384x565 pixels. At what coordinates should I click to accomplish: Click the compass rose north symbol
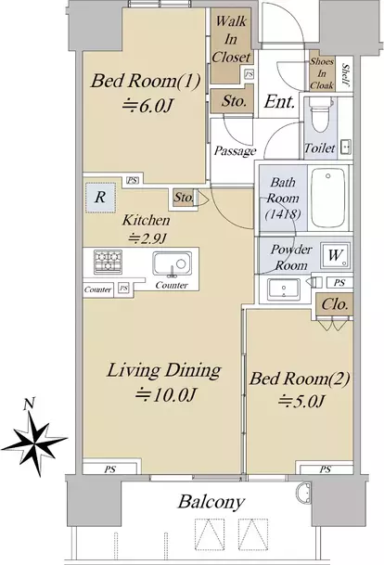click(33, 438)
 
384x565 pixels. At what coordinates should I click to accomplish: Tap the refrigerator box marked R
click(100, 198)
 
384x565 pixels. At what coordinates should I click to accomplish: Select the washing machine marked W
click(335, 255)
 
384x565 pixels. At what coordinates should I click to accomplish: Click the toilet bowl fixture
click(320, 115)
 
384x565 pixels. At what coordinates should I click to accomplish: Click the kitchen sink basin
click(173, 263)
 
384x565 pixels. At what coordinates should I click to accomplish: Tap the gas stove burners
click(108, 261)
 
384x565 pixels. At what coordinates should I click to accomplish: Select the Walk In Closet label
click(231, 39)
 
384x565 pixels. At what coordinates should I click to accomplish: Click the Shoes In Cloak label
click(322, 73)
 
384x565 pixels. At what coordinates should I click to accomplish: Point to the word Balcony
click(211, 502)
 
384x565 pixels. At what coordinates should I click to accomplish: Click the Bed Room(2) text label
click(300, 379)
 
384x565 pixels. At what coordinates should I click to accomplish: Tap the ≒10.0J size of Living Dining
click(166, 394)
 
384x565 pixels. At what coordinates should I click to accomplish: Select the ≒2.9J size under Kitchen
click(147, 238)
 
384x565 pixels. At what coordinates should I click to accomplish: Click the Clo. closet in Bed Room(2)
click(335, 305)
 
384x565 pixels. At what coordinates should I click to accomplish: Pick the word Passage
click(235, 150)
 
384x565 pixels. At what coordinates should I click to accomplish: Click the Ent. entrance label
click(279, 102)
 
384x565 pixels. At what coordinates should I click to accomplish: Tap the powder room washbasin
click(284, 289)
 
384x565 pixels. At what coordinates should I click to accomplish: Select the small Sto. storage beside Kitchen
click(184, 197)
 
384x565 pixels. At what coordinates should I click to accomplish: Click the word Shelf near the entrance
click(345, 75)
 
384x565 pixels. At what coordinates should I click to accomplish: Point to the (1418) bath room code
click(283, 214)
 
